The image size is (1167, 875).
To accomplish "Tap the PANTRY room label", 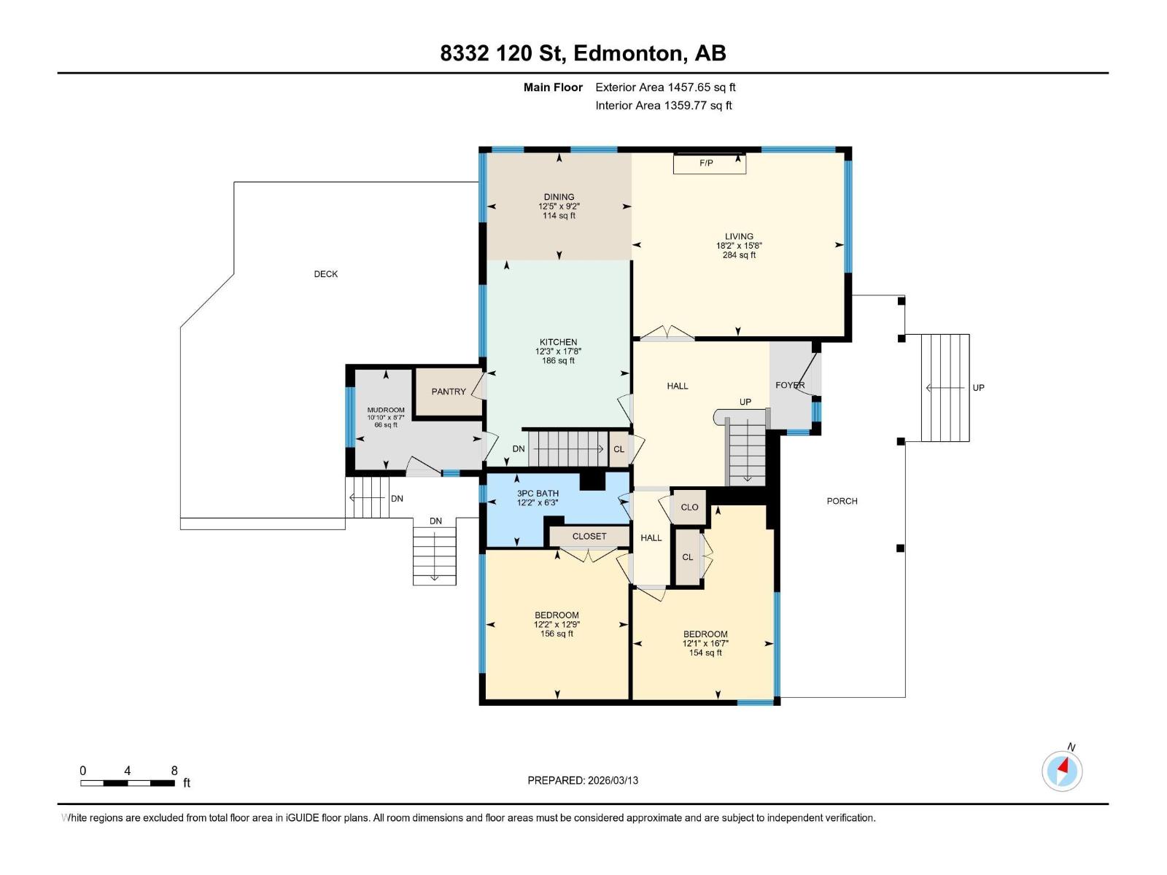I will pos(448,392).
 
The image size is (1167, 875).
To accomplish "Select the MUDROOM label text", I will pos(385,410).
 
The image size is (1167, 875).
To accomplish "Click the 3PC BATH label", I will pos(538,494).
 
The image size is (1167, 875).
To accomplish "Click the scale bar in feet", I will pos(128,783).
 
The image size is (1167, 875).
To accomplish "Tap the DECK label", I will pos(326,274).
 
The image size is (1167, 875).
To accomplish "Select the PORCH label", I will pos(842,501).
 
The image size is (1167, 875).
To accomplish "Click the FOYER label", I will pos(790,385).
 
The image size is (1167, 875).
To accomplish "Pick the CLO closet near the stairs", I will pos(689,507).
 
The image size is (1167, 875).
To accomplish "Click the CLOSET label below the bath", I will pos(589,536).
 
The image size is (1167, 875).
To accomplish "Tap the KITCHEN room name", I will pos(558,342).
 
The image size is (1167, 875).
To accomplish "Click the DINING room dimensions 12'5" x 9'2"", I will pos(559,206).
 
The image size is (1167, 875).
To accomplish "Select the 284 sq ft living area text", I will pos(739,255).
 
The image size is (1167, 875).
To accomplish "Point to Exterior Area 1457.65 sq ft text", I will pos(665,87).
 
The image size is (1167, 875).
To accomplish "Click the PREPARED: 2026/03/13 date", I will pos(583,780).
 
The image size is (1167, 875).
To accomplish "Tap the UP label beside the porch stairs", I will pos(978,388).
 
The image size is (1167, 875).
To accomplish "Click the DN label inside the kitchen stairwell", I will pos(519,449).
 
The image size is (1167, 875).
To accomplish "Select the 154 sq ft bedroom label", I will pos(705,653).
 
